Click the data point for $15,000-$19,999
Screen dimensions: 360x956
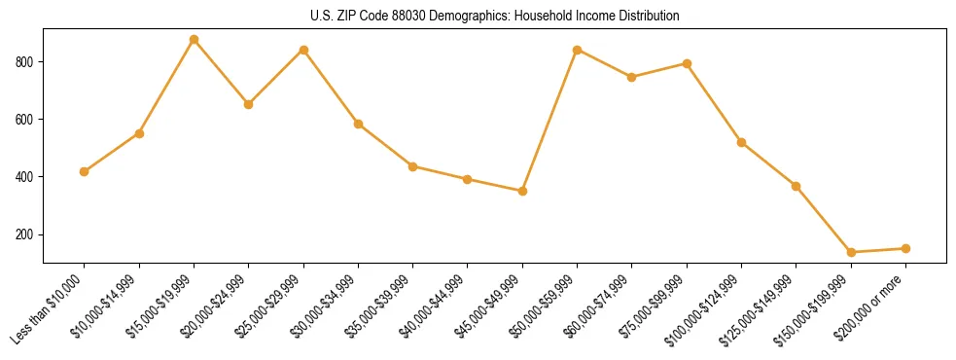click(x=194, y=40)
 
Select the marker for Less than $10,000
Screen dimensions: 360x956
click(x=85, y=171)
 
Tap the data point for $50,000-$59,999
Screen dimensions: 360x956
click(x=578, y=50)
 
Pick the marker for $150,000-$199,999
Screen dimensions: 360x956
click(x=851, y=252)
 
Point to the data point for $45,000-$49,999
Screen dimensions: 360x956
click(x=522, y=191)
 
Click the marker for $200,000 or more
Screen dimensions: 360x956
click(x=905, y=248)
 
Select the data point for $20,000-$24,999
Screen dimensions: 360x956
click(x=248, y=104)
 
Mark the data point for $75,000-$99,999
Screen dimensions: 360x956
click(x=687, y=63)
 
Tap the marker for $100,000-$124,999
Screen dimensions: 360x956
click(x=741, y=142)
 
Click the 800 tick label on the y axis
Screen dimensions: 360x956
click(x=27, y=62)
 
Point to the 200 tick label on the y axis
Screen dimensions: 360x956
click(x=27, y=234)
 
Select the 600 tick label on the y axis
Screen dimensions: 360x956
click(x=27, y=120)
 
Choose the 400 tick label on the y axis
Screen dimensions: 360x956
click(x=27, y=177)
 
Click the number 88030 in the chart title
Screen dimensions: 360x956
click(x=412, y=17)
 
